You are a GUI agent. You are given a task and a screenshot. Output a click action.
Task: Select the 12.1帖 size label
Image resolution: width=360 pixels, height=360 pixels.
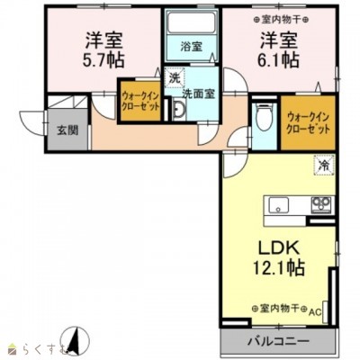click(x=277, y=267)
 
